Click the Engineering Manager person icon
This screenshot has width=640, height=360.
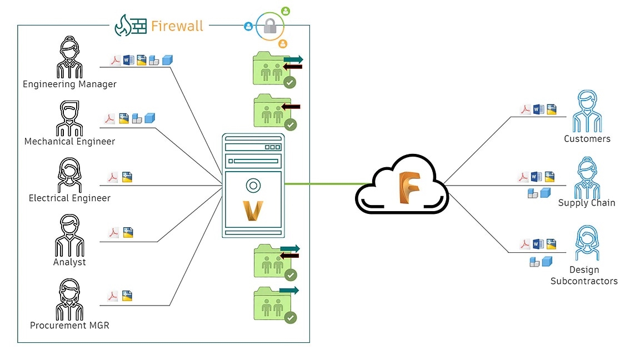pyautogui.click(x=69, y=58)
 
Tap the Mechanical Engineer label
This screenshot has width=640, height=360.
pyautogui.click(x=69, y=142)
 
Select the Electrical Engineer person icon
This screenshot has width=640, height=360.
pyautogui.click(x=69, y=175)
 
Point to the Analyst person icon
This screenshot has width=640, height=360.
pyautogui.click(x=69, y=236)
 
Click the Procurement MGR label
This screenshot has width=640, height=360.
pyautogui.click(x=69, y=326)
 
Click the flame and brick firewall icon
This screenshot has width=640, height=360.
pyautogui.click(x=131, y=26)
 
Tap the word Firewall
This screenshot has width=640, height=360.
pyautogui.click(x=177, y=26)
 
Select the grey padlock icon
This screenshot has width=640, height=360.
pyautogui.click(x=270, y=26)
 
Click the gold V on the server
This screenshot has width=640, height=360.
pyautogui.click(x=253, y=209)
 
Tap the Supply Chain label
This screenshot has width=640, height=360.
pyautogui.click(x=587, y=203)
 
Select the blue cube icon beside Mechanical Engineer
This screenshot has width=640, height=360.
pyautogui.click(x=149, y=117)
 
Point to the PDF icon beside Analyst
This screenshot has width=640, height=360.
pyautogui.click(x=113, y=233)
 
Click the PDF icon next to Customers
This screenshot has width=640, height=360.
pyautogui.click(x=525, y=110)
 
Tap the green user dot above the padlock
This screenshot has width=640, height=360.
pyautogui.click(x=286, y=11)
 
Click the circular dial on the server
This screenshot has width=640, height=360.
pyautogui.click(x=253, y=186)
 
